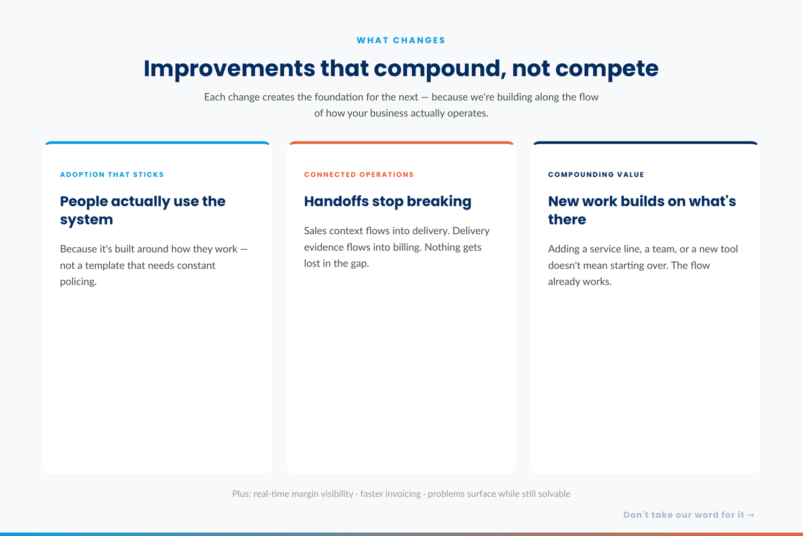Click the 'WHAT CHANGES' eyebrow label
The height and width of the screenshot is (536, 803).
(x=401, y=40)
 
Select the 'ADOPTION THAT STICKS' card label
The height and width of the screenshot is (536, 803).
(x=112, y=175)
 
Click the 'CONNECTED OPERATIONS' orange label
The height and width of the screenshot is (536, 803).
(x=359, y=175)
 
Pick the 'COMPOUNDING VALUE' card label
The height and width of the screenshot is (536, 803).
(x=596, y=175)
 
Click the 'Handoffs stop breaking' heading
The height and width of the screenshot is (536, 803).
(x=388, y=202)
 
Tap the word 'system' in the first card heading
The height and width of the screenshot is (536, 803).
(x=86, y=220)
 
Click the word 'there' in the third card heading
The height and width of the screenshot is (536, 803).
(x=567, y=219)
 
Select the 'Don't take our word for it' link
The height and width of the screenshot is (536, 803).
(x=684, y=515)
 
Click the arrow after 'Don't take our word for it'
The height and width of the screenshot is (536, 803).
(x=751, y=515)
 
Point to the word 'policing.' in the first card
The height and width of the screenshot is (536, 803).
(x=78, y=282)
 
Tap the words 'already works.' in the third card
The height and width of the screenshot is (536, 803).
(x=580, y=282)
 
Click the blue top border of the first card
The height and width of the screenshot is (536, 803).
(x=157, y=143)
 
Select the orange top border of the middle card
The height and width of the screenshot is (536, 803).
(x=401, y=143)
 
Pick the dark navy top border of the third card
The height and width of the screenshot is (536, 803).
(x=645, y=143)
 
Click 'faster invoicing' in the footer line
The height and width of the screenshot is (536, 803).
(x=390, y=494)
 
